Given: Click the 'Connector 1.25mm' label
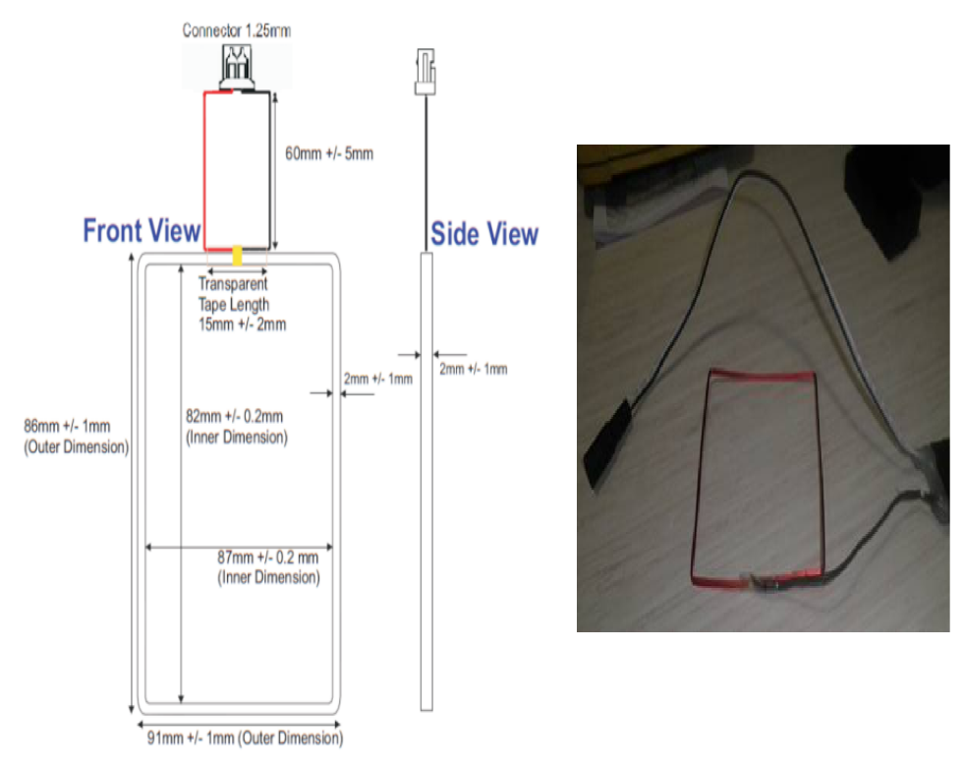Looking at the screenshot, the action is point(236,30).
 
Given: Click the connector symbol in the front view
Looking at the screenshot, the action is point(236,67).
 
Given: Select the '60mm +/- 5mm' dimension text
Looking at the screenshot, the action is point(329,153).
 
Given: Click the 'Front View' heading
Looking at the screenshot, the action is point(142,232).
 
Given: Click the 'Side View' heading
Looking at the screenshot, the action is point(484,234).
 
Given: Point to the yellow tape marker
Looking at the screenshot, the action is point(237,256).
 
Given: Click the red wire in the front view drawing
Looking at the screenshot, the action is point(204,167).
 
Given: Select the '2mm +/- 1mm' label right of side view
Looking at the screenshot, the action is point(473,369).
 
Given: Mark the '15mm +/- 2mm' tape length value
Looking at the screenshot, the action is point(242,324).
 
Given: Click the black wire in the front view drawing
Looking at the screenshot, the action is point(271,167).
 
